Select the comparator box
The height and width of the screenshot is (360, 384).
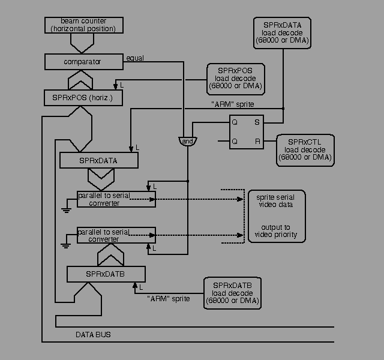click(x=82, y=62)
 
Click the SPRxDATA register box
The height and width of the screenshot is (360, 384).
click(x=98, y=161)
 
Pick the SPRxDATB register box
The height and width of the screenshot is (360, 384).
click(x=105, y=274)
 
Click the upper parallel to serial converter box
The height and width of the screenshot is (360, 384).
click(x=116, y=199)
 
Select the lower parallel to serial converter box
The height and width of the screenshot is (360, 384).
click(x=116, y=235)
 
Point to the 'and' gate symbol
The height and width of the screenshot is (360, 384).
click(x=187, y=140)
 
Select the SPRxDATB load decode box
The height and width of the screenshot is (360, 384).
click(x=232, y=293)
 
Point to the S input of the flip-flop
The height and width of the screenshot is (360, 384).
click(x=257, y=122)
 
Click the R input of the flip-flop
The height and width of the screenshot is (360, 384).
click(x=257, y=142)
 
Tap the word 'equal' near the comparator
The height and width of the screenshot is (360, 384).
click(x=134, y=58)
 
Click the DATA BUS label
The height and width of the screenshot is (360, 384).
click(x=92, y=334)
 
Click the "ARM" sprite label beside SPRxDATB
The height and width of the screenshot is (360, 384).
click(x=168, y=298)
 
